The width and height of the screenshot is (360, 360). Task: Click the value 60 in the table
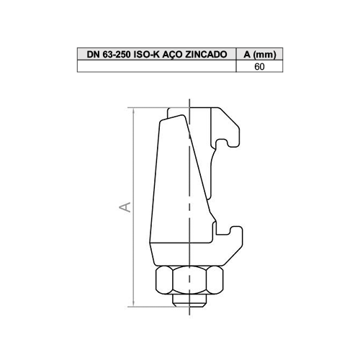click(x=259, y=66)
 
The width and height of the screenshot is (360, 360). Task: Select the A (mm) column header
click(x=260, y=55)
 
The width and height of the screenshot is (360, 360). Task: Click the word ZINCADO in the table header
click(x=206, y=55)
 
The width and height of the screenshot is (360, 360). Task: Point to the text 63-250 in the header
click(x=117, y=55)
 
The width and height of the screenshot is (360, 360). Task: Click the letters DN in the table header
click(x=94, y=55)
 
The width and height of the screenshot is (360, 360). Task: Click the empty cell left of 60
click(x=157, y=66)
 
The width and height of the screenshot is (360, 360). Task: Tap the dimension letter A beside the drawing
click(x=125, y=207)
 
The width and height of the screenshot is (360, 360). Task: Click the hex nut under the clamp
click(x=189, y=280)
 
